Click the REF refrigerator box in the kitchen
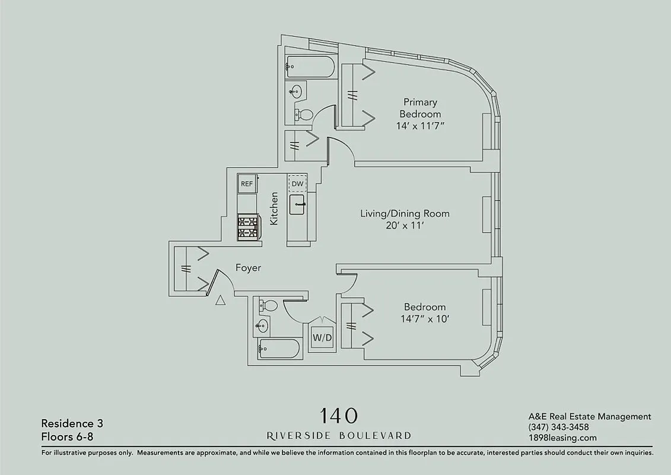coord(246,184)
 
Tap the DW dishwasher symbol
coord(297,184)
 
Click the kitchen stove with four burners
coord(248,227)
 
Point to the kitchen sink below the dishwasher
coord(298,205)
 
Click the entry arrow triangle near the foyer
coord(220,300)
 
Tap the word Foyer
coord(247,268)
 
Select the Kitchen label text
coord(274,208)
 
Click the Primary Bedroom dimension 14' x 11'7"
coord(420,126)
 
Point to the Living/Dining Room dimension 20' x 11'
coord(405,226)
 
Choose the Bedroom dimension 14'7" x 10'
coord(424,319)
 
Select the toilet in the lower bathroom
coord(269,306)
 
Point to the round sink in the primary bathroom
coord(296,91)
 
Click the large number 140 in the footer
coord(339,415)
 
